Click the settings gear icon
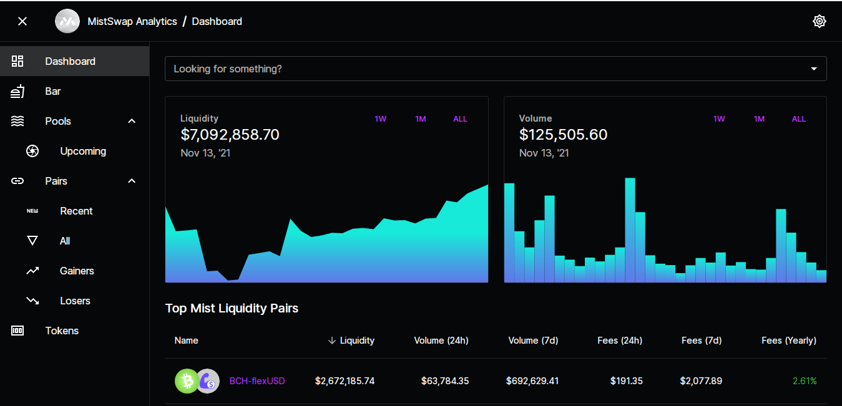[819, 21]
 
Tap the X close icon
[22, 21]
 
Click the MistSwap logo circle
[67, 21]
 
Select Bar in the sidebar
[52, 91]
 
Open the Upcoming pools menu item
[83, 151]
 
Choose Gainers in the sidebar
[77, 271]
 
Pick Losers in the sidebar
[75, 301]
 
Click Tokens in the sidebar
[62, 331]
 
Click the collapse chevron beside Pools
[132, 121]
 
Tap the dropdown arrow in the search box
[814, 69]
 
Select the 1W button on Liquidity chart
[380, 119]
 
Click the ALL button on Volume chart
[799, 119]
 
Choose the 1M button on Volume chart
[759, 119]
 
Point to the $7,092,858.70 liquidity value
[230, 135]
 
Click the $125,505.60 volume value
[563, 135]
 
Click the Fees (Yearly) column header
[789, 341]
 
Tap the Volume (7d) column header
[534, 341]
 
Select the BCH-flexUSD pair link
[257, 381]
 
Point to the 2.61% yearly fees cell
[805, 381]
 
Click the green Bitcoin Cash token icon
[187, 381]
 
